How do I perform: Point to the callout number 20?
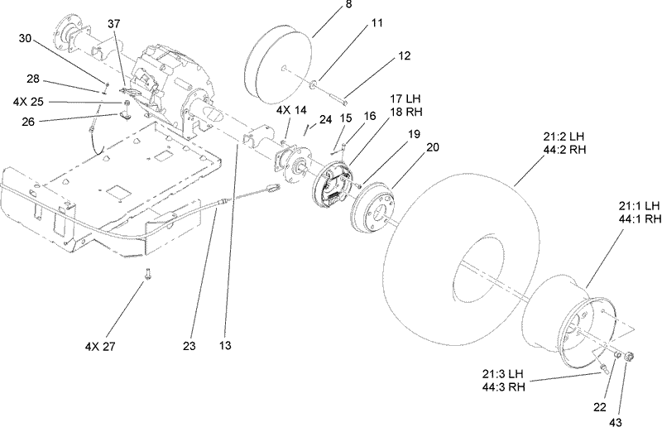coord(431,147)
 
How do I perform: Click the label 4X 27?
coord(101,345)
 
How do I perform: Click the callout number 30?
coord(26,38)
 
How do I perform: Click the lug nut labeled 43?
coord(628,358)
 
